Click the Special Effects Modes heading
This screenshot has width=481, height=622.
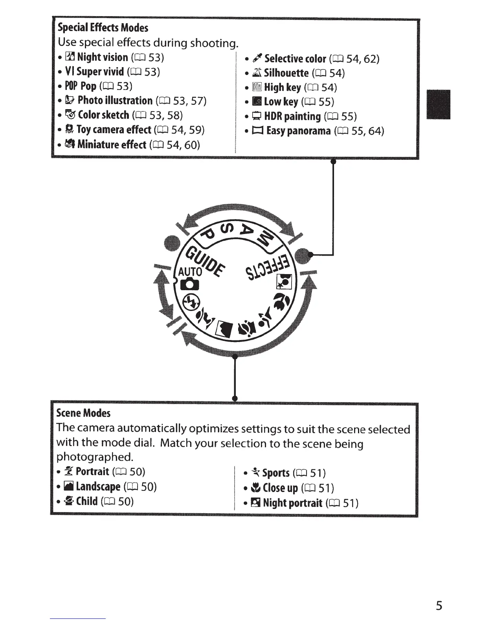103,27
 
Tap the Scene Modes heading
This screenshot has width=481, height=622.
83,413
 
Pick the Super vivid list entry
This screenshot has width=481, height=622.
112,72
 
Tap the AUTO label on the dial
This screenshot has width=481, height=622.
190,272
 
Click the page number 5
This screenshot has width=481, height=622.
439,606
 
